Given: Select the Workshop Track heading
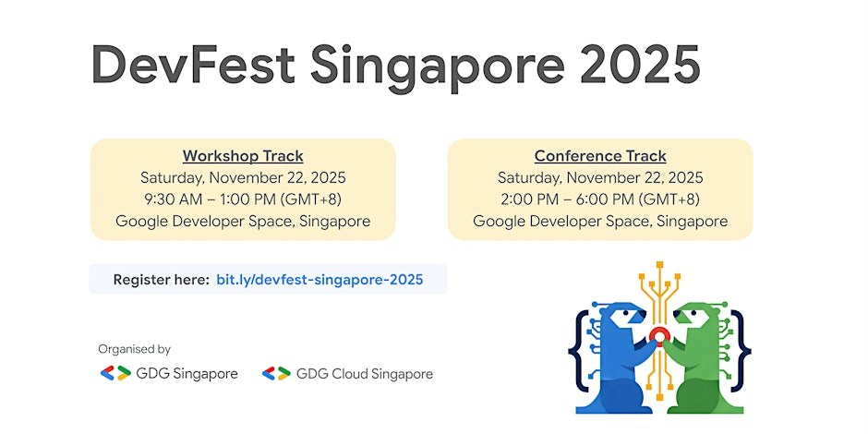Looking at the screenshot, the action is click(243, 156).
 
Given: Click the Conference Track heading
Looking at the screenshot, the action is click(600, 156).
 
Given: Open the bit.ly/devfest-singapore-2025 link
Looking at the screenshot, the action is click(319, 280).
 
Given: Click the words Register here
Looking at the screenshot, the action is click(161, 280).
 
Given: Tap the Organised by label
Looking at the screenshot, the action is click(135, 349).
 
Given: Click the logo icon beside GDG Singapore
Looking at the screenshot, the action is click(115, 374).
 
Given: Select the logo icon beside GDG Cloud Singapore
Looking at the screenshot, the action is click(276, 374).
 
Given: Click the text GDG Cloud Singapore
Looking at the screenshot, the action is click(365, 374).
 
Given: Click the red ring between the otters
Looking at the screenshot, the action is click(659, 335).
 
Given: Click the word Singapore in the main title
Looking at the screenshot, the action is click(438, 66).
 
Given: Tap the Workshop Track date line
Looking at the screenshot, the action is click(243, 177).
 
